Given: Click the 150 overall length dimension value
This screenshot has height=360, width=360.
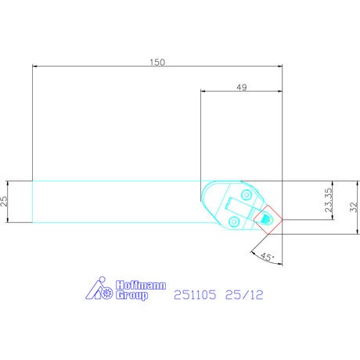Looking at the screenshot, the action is tap(157, 63).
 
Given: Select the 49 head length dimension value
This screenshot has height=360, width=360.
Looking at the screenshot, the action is tap(242, 87).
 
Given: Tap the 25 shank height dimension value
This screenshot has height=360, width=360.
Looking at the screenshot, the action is tap(5, 201).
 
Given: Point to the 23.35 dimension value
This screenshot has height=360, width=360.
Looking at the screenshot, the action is tap(329, 200).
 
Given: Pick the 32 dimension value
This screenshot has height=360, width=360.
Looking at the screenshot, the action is tap(354, 207).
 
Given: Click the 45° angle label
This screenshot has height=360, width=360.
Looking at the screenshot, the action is tap(267, 257).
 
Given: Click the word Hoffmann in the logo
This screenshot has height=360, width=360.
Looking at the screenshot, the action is tap(141, 285).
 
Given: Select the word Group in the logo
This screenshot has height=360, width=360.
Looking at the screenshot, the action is tap(131, 295).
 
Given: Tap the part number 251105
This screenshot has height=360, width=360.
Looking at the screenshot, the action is tap(195, 295).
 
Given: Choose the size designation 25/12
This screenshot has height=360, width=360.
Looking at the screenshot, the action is tap(244, 295).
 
